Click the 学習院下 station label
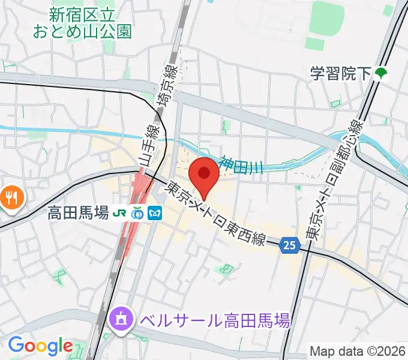tap(340, 74)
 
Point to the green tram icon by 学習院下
tap(380, 74)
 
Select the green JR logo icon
tap(120, 212)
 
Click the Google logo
tap(40, 346)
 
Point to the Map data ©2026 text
tap(357, 350)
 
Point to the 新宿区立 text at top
tap(90, 13)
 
